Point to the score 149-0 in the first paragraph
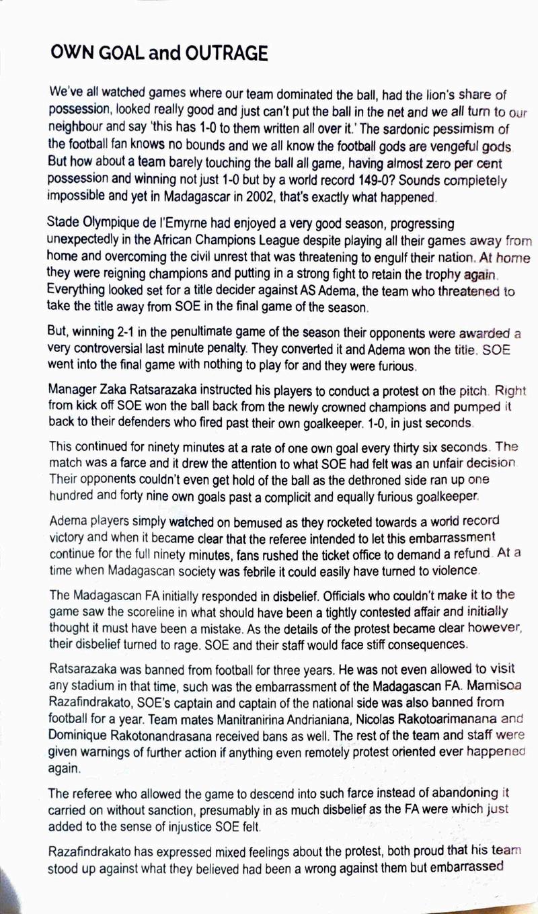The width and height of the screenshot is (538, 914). (x=373, y=181)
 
